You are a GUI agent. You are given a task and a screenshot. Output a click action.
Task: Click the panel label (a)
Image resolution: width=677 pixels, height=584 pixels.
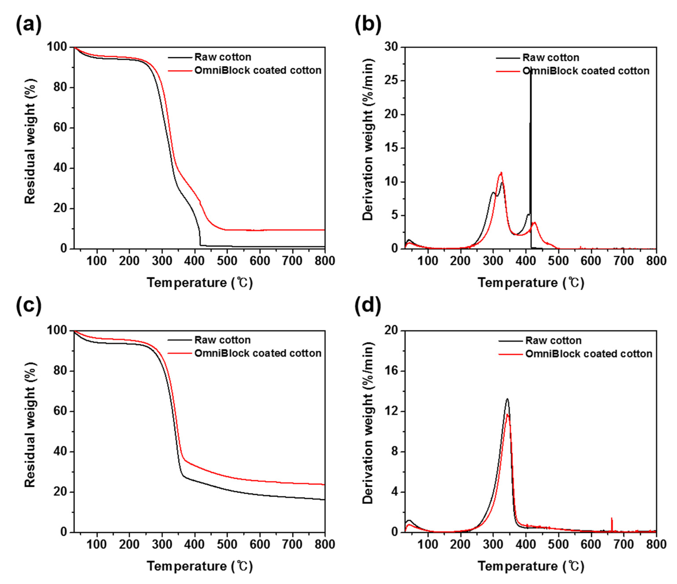[29, 24]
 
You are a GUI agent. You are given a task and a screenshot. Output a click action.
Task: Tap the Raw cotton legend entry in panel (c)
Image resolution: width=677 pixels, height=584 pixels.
[222, 340]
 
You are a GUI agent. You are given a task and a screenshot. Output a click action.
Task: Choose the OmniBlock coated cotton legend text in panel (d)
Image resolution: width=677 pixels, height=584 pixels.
[588, 354]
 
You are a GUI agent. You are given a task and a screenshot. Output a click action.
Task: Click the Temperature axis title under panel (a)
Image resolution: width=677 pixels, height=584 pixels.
[200, 282]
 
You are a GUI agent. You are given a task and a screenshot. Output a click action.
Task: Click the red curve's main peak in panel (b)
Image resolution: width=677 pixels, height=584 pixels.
[501, 173]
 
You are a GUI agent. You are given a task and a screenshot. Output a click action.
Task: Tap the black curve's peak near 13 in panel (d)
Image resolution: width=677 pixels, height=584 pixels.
[507, 399]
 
